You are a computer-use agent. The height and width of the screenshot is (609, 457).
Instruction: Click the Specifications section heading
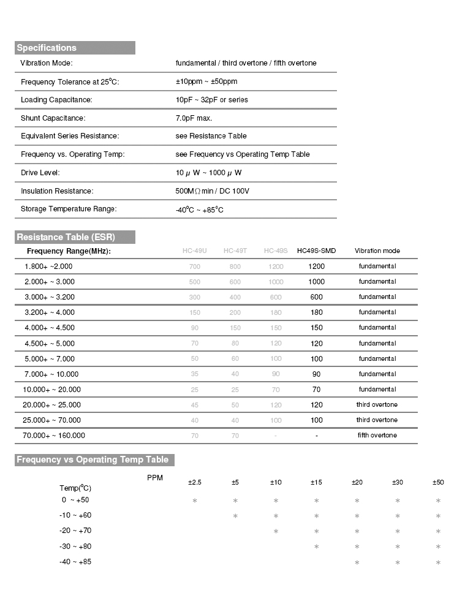pyautogui.click(x=47, y=48)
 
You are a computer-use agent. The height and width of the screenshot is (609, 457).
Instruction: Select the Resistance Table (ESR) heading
pyautogui.click(x=66, y=237)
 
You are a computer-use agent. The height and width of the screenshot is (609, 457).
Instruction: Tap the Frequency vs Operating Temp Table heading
pyautogui.click(x=92, y=460)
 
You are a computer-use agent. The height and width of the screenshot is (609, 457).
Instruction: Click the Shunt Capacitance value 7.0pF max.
pyautogui.click(x=194, y=118)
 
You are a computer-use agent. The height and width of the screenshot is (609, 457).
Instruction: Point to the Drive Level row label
pyautogui.click(x=40, y=173)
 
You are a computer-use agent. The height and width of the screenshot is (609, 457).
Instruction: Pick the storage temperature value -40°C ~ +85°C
pyautogui.click(x=199, y=210)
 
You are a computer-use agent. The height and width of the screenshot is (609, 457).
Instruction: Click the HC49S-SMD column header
pyautogui.click(x=316, y=251)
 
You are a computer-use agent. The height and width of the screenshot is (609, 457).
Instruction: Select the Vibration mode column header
pyautogui.click(x=377, y=251)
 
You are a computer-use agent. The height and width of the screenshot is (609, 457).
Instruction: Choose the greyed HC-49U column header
pyautogui.click(x=195, y=251)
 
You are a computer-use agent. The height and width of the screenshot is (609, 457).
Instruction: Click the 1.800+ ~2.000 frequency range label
pyautogui.click(x=48, y=267)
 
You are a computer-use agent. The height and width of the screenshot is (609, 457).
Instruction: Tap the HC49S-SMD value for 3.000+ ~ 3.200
pyautogui.click(x=316, y=297)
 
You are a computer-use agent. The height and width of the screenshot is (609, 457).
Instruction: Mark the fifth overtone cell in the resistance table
pyautogui.click(x=377, y=436)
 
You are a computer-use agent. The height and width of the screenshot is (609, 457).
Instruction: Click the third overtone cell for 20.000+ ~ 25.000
pyautogui.click(x=377, y=405)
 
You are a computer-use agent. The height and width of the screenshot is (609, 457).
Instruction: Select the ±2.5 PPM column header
pyautogui.click(x=194, y=483)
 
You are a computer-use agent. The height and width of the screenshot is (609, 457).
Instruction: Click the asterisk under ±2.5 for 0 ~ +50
pyautogui.click(x=194, y=501)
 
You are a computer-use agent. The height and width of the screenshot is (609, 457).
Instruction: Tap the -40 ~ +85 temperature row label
pyautogui.click(x=76, y=562)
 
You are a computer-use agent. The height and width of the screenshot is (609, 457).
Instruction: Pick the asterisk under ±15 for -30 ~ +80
pyautogui.click(x=316, y=547)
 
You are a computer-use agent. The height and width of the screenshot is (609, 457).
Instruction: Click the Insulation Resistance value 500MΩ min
pyautogui.click(x=212, y=191)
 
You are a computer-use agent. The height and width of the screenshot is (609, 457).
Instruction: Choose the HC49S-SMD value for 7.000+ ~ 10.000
pyautogui.click(x=316, y=374)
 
